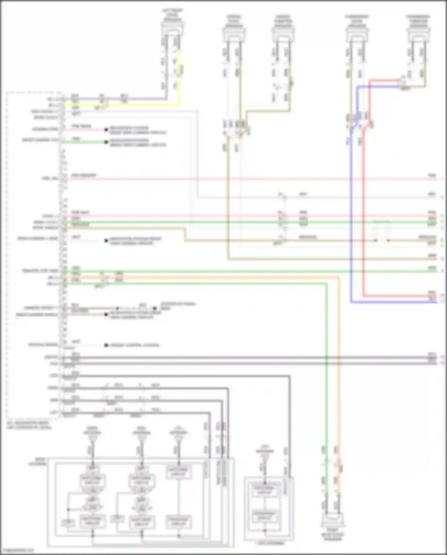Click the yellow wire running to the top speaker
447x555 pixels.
click(179, 78)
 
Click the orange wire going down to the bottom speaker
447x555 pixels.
click(339, 358)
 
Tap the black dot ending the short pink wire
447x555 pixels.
click(106, 130)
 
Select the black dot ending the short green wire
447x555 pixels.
click(106, 142)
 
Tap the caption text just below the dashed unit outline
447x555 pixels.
click(29, 425)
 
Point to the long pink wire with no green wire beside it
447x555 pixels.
click(238, 179)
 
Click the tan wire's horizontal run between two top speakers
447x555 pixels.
click(268, 112)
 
